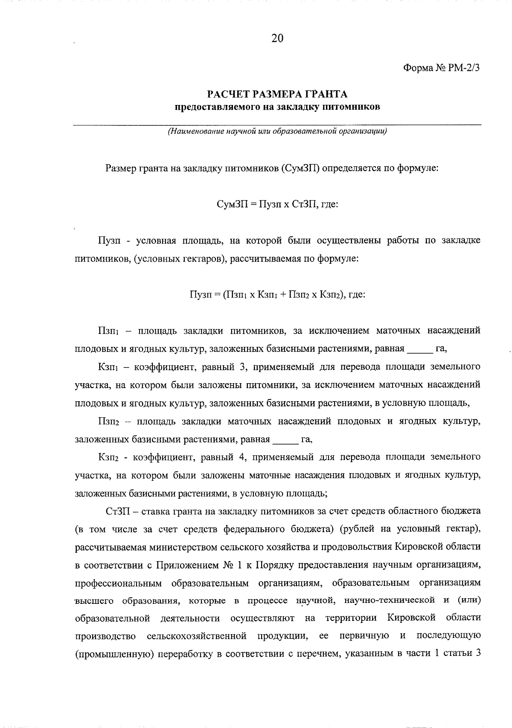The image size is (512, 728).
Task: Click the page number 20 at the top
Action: [x=277, y=38]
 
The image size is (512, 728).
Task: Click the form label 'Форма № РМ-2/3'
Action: [x=441, y=68]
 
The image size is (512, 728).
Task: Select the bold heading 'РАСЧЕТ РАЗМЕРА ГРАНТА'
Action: [x=277, y=93]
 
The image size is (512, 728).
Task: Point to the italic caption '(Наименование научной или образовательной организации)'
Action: [x=277, y=131]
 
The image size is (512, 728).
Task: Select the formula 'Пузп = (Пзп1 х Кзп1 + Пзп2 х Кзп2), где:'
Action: [x=277, y=294]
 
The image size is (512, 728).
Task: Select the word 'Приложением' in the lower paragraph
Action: [x=187, y=565]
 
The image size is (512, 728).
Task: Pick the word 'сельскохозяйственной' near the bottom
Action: [x=197, y=636]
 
